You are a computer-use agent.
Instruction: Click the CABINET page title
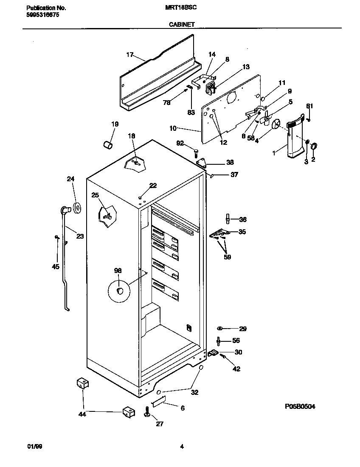(181, 25)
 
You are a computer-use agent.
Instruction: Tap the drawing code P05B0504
(300, 406)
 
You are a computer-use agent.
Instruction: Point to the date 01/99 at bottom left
(35, 446)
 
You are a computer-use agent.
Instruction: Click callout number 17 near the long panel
(130, 54)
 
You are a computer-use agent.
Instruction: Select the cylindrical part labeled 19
(108, 145)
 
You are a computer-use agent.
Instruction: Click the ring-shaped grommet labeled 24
(77, 208)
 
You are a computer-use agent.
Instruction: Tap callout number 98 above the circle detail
(118, 270)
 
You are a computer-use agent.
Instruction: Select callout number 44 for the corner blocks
(82, 414)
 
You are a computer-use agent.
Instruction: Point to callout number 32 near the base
(194, 393)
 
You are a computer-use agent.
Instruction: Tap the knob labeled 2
(315, 146)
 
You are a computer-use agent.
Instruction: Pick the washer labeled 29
(219, 328)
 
